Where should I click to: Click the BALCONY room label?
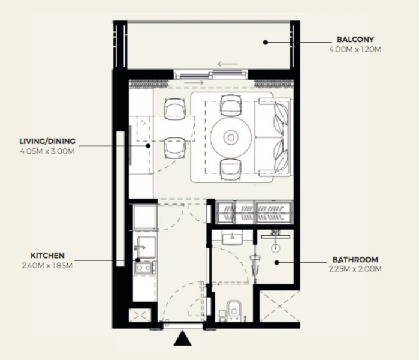point(355,40)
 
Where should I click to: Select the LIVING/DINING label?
point(47,142)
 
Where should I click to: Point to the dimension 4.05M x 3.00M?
point(47,151)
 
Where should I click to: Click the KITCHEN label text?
point(47,255)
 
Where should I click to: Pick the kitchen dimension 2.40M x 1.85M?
point(47,264)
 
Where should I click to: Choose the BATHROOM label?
point(355,260)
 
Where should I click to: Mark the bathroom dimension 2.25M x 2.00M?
point(355,269)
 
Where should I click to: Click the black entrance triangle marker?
point(182,340)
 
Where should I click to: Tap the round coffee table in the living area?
point(231,137)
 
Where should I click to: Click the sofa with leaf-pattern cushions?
point(273,137)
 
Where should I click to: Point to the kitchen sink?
point(144,246)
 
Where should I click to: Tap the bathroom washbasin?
point(232,239)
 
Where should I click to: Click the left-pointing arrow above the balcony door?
point(227,64)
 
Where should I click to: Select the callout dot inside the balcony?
point(265,42)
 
